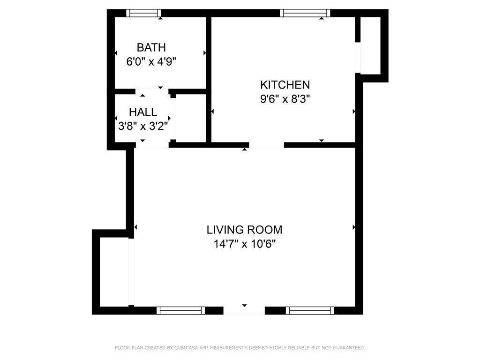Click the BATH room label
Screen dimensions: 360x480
(151, 47)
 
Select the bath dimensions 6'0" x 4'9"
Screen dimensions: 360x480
(151, 61)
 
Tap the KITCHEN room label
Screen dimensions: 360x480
(285, 85)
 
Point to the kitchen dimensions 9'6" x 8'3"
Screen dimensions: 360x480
(285, 99)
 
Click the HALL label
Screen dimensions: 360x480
(143, 112)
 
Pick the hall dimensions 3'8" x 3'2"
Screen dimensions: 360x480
(143, 126)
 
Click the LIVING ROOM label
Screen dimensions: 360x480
(244, 230)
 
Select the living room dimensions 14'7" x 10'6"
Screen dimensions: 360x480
(244, 244)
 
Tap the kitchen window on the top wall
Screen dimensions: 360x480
(305, 13)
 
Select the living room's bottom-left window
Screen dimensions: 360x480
(180, 310)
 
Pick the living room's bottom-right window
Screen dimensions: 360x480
(310, 310)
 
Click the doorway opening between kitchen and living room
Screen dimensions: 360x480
(266, 145)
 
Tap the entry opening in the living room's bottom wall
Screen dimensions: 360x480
(244, 310)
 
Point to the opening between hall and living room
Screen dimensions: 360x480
(151, 145)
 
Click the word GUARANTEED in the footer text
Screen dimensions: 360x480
(349, 348)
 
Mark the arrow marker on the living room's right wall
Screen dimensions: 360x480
(354, 227)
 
